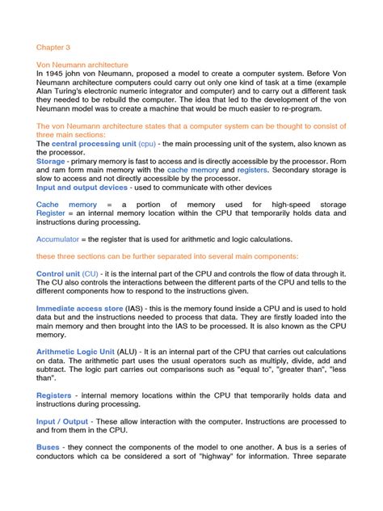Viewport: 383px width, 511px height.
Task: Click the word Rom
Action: [x=338, y=162]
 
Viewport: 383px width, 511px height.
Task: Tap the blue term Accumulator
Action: [x=61, y=239]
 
